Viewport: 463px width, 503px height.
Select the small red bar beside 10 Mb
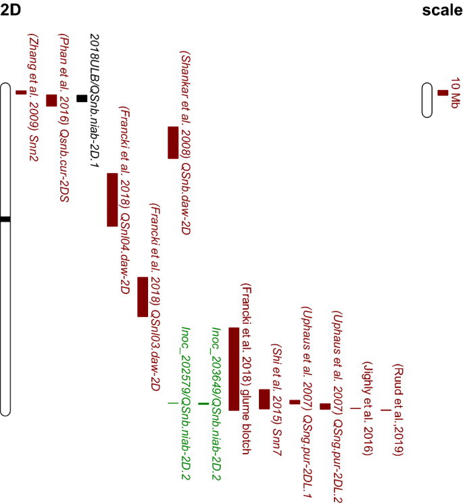click(443, 93)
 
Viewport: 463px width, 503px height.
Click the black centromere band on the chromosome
click(5, 219)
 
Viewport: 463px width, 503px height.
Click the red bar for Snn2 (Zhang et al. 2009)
click(21, 92)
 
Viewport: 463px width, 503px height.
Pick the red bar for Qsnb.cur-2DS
click(51, 100)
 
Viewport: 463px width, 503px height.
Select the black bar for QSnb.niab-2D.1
click(82, 98)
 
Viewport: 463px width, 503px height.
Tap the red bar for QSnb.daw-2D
click(173, 142)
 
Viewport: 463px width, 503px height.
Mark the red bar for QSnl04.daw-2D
click(112, 199)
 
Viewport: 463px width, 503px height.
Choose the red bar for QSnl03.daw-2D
click(143, 297)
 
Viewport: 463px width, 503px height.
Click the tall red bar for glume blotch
click(234, 368)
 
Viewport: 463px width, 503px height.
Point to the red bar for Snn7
click(264, 399)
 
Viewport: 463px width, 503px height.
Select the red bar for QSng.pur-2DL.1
click(295, 402)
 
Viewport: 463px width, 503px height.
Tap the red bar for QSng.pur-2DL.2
click(325, 406)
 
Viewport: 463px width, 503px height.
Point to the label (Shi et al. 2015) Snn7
click(276, 385)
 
